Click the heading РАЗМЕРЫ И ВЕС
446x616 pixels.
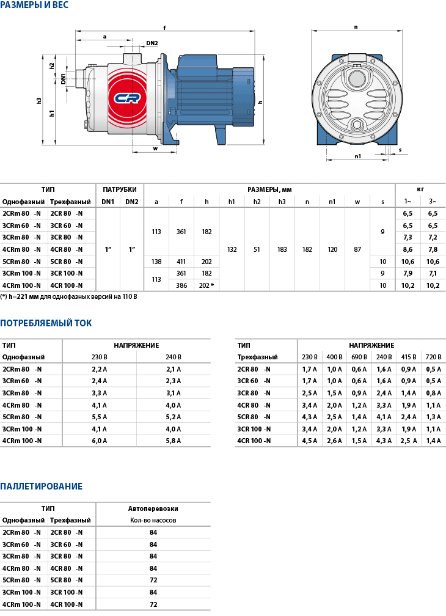pyautogui.click(x=34, y=5)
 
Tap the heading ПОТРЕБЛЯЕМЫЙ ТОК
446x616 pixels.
pyautogui.click(x=46, y=323)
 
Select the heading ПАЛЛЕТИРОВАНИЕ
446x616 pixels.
pyautogui.click(x=41, y=486)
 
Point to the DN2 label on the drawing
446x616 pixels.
pyautogui.click(x=152, y=43)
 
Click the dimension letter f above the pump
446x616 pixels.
pyautogui.click(x=165, y=28)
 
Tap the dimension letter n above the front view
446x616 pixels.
pyautogui.click(x=356, y=27)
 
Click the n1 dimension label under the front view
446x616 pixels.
pyautogui.click(x=358, y=156)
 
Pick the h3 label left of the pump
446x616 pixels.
pyautogui.click(x=39, y=100)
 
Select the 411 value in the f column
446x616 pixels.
pyautogui.click(x=181, y=262)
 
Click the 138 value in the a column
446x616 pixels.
pyautogui.click(x=156, y=262)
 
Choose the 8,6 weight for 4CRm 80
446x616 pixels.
pyautogui.click(x=408, y=249)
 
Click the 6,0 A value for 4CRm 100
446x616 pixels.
pyautogui.click(x=99, y=441)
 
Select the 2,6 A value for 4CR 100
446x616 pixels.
pyautogui.click(x=334, y=441)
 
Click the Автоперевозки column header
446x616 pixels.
pyautogui.click(x=153, y=508)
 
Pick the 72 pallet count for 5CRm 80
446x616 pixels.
pyautogui.click(x=153, y=580)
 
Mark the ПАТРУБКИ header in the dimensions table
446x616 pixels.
pyautogui.click(x=120, y=189)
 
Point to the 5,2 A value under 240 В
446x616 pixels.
pyautogui.click(x=174, y=417)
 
